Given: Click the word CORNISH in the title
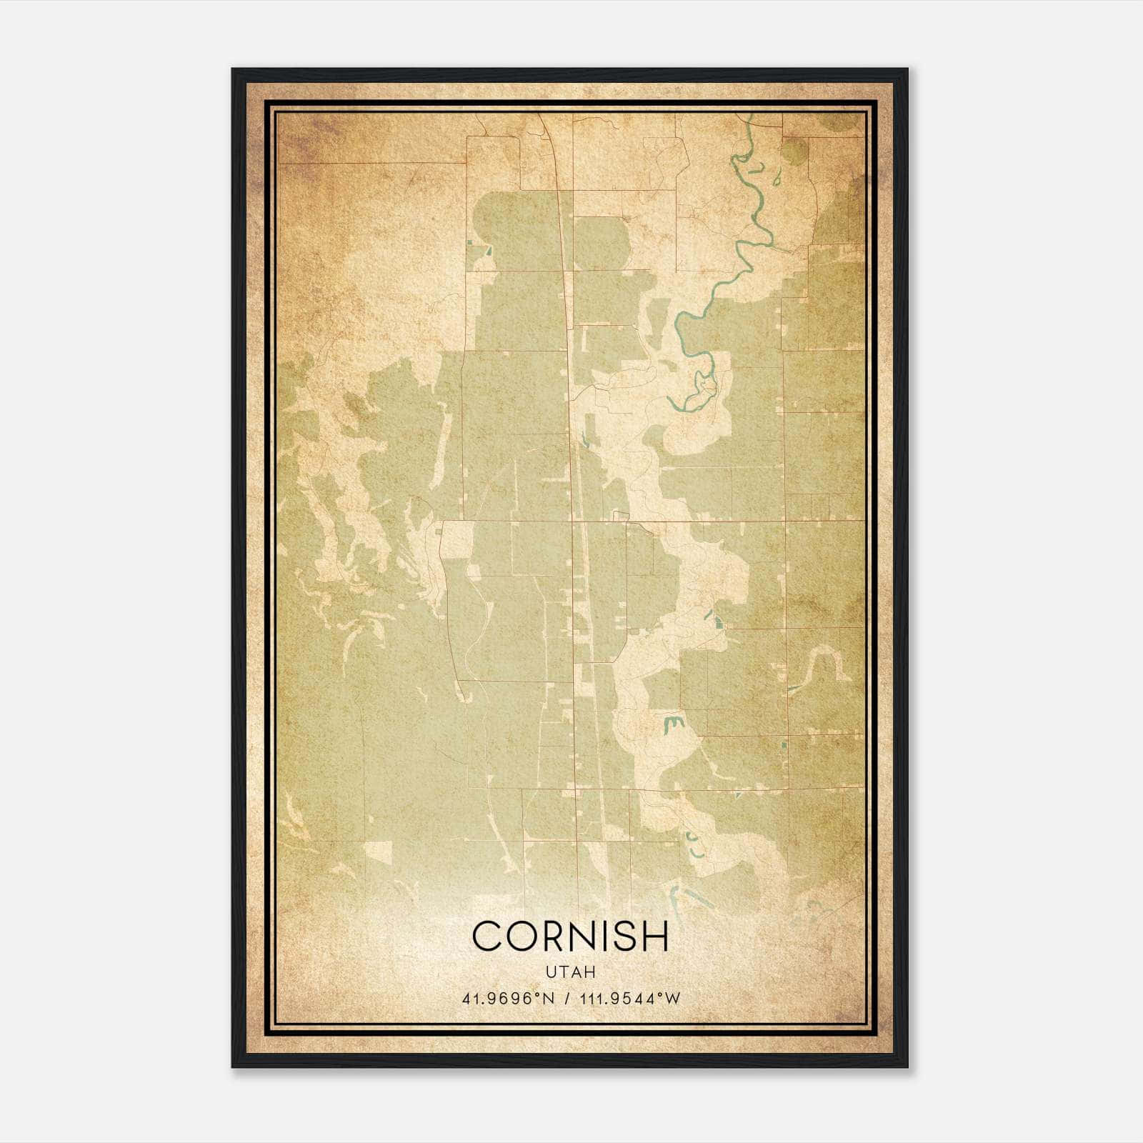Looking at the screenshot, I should click(x=570, y=936).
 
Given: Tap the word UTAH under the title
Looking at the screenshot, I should click(x=570, y=972).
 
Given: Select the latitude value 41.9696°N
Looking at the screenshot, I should click(x=508, y=999).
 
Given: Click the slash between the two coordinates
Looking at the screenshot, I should click(x=567, y=999).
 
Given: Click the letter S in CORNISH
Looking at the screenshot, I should click(x=620, y=936).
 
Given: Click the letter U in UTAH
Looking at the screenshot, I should click(x=550, y=972).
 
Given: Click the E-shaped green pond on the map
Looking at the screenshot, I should click(x=672, y=725).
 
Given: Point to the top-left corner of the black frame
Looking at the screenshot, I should click(x=233, y=69).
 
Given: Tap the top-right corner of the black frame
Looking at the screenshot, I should click(x=907, y=69).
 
